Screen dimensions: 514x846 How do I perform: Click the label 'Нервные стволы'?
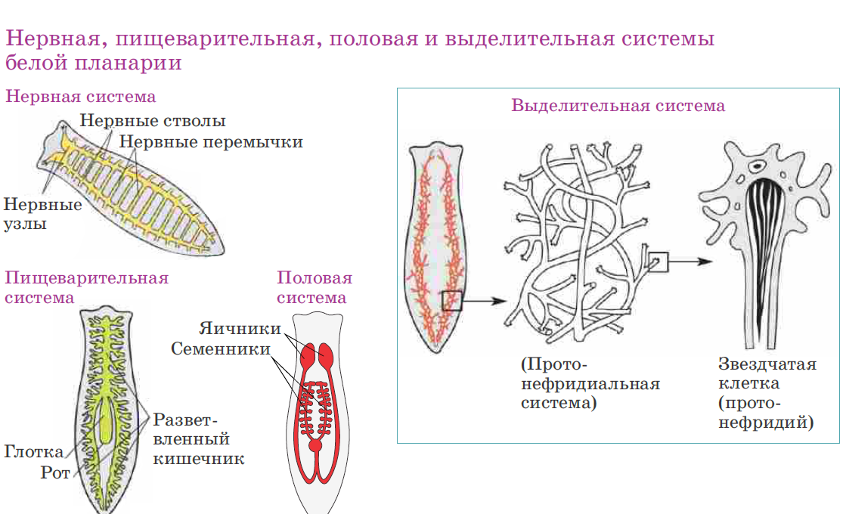pos(153,121)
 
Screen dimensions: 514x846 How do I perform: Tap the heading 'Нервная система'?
pos(81,97)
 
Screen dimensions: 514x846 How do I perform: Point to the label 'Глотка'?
pos(34,452)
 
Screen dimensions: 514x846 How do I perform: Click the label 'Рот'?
pos(55,473)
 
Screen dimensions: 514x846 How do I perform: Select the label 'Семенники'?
pos(221,349)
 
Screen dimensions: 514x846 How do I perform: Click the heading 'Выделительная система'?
pos(618,106)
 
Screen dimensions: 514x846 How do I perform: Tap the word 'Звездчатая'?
pos(767,365)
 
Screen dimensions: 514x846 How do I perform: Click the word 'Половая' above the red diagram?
pos(315,277)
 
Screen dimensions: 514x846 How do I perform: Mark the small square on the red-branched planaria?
pos(452,301)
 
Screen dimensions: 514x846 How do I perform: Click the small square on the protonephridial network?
pos(659,262)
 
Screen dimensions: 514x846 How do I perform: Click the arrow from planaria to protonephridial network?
pos(484,301)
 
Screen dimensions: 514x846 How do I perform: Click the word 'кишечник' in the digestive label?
pos(199,459)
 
